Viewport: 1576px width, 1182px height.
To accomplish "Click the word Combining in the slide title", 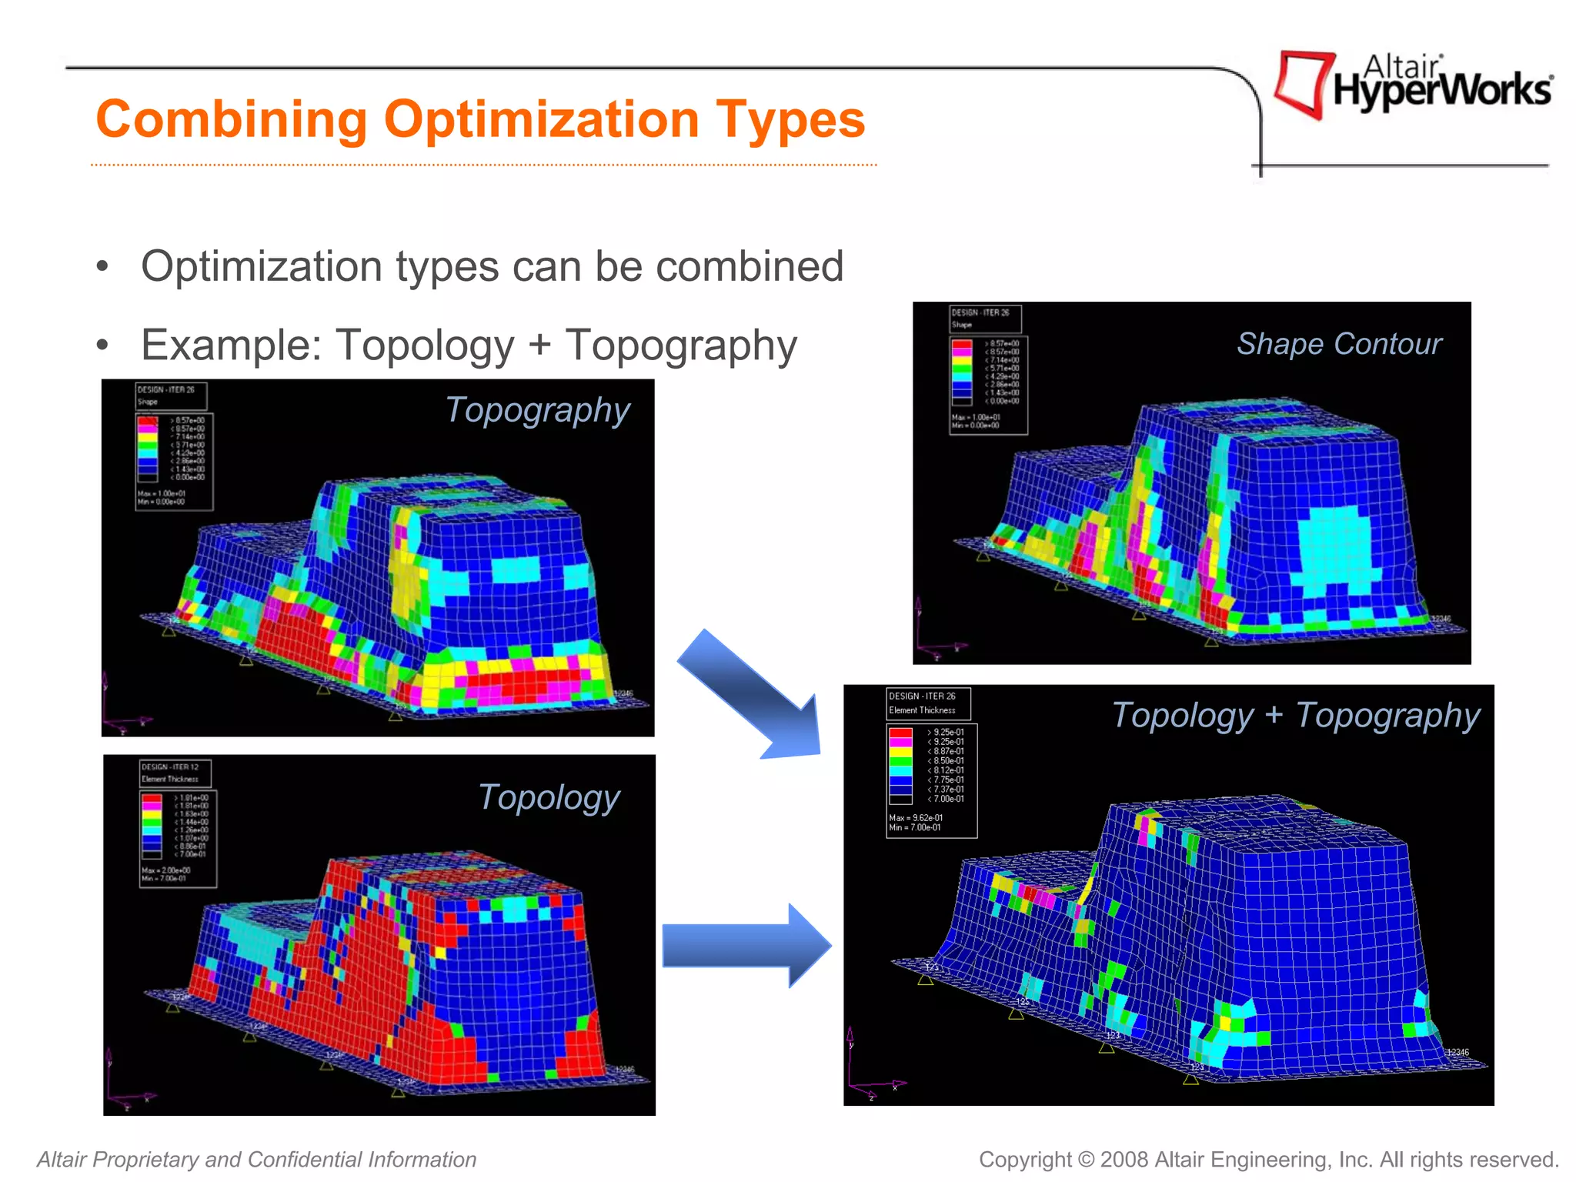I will [232, 120].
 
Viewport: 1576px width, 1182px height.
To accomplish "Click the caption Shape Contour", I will [1339, 344].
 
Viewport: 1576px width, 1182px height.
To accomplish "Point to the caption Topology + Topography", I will [1296, 716].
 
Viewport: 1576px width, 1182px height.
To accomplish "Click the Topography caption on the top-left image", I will [538, 410].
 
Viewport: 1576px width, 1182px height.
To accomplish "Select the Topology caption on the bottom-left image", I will [549, 797].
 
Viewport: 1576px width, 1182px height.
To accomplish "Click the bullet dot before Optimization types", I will [102, 267].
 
